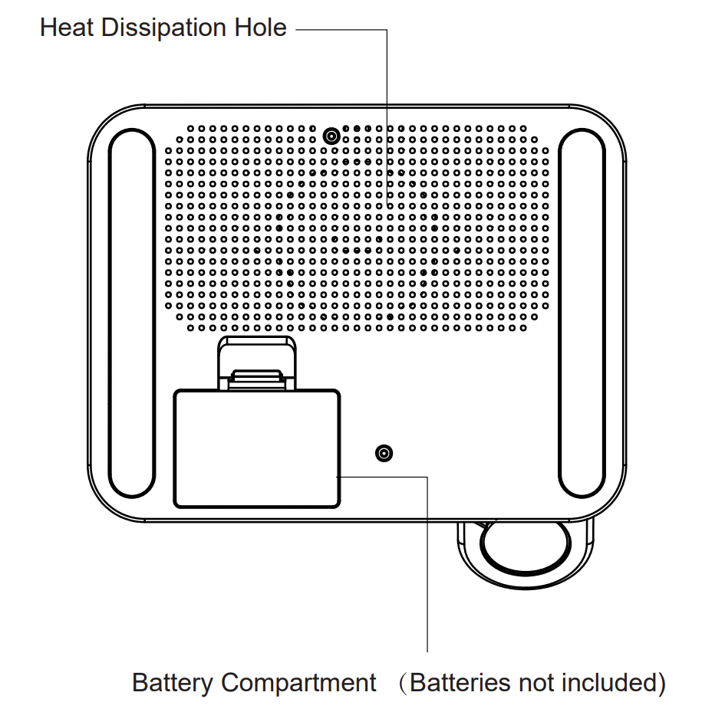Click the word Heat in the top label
68,28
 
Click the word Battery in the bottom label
172,682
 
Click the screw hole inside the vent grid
331,136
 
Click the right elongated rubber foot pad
582,313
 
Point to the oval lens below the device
526,547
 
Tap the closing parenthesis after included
661,682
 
